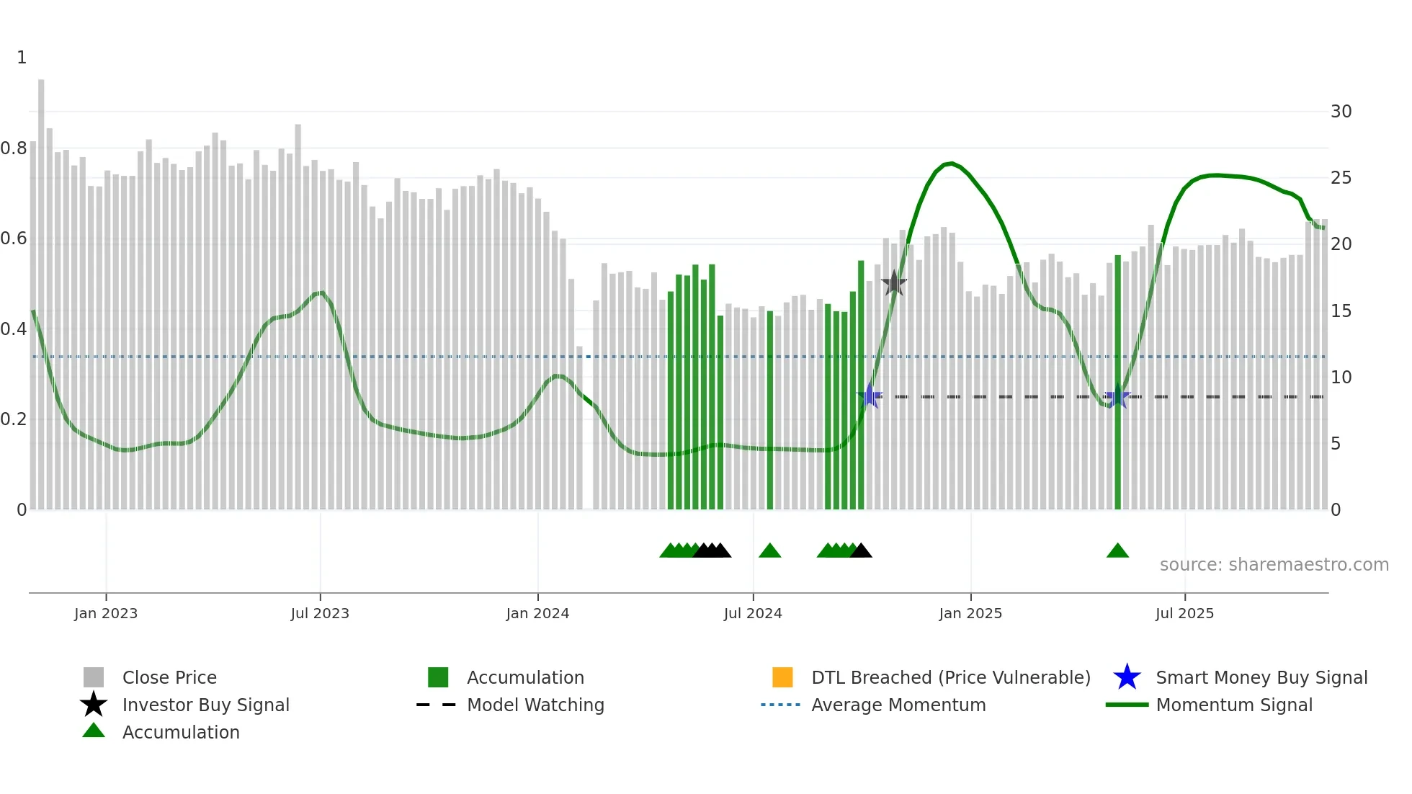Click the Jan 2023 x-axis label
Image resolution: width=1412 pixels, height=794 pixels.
coord(105,614)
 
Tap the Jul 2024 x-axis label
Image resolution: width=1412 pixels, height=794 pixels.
coord(753,614)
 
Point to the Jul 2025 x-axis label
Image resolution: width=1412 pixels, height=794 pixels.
coord(1184,614)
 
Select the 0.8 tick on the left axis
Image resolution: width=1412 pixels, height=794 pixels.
coord(14,148)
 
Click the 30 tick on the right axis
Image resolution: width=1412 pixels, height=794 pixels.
coord(1341,112)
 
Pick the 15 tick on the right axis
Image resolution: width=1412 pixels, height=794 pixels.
coord(1341,311)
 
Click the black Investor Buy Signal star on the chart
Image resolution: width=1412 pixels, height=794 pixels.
coord(894,283)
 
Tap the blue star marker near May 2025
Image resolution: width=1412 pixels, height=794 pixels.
coord(1117,396)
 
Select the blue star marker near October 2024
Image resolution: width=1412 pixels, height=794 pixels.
coord(870,396)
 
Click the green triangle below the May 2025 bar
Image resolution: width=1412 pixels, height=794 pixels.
coord(1117,551)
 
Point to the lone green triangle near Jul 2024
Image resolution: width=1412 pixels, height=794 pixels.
coord(769,551)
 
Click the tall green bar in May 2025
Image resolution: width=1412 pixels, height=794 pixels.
coord(1118,382)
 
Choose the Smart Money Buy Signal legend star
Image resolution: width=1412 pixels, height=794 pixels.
coord(1127,677)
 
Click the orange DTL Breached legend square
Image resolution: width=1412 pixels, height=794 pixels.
coord(782,677)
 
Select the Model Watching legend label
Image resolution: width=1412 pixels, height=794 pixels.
coord(535,705)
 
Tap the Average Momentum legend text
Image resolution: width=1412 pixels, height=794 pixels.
coord(898,705)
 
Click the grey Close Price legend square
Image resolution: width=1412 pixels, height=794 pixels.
coord(94,677)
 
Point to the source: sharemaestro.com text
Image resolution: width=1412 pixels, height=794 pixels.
coord(1274,565)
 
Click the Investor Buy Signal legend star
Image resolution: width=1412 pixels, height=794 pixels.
coord(94,705)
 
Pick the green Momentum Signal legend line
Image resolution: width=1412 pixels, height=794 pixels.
coord(1127,705)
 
